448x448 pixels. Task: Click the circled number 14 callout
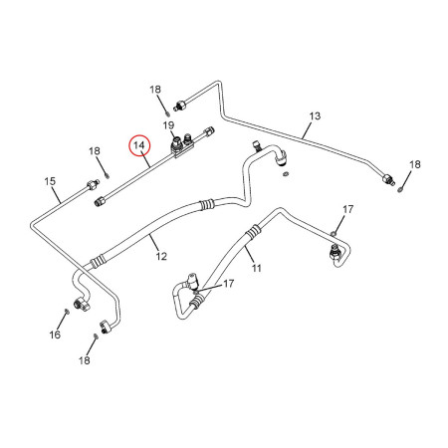[139, 145]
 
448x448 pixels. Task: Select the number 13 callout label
[315, 116]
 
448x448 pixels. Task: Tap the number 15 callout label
[50, 181]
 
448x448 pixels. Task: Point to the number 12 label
[161, 256]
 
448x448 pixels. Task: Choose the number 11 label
[257, 268]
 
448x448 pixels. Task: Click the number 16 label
[55, 335]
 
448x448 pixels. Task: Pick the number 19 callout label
[168, 125]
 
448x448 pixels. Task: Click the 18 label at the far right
[415, 164]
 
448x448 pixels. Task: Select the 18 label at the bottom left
[85, 360]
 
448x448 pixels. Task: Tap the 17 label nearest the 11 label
[229, 284]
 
